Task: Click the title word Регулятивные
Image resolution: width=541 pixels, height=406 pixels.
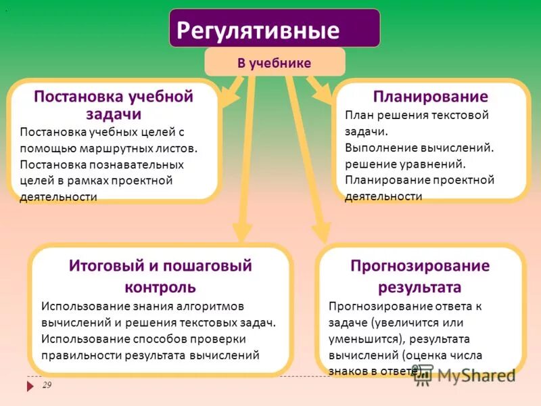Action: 258,30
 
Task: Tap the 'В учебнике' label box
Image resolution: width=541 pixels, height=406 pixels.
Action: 274,63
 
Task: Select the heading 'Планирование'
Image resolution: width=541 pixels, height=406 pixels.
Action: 431,96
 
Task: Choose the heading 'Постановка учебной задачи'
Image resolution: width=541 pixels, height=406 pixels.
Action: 114,105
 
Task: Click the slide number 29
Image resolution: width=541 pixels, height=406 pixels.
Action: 47,385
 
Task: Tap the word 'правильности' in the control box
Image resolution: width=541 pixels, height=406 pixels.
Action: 74,354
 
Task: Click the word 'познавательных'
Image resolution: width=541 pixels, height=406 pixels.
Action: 141,164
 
